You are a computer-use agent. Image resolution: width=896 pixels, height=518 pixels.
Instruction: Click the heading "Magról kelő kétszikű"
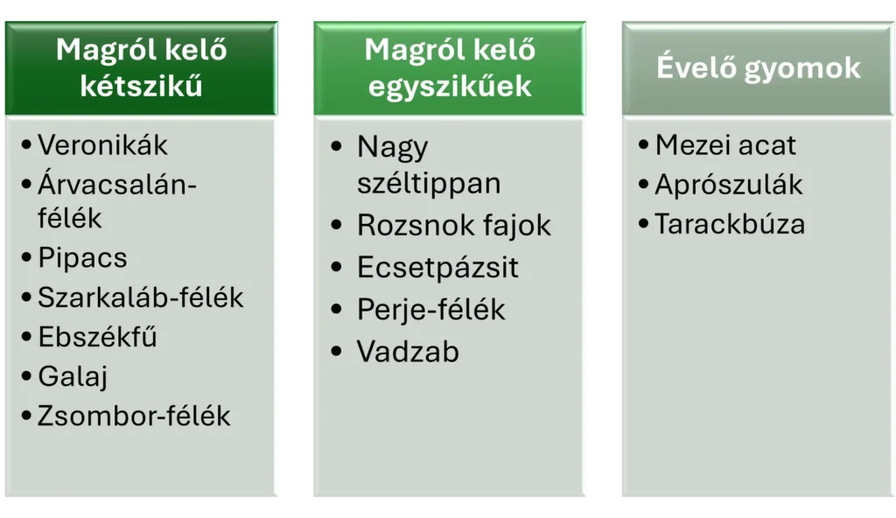(x=141, y=67)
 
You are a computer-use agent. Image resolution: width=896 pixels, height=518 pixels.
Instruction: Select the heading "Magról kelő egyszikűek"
(x=449, y=67)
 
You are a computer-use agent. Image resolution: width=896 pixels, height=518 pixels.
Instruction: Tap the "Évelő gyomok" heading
(x=759, y=67)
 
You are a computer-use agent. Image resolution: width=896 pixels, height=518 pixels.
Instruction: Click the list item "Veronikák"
(x=102, y=144)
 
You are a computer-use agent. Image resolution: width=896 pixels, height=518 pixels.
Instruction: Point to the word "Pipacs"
(x=82, y=258)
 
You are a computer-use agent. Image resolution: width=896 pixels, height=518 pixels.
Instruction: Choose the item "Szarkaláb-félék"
(x=140, y=297)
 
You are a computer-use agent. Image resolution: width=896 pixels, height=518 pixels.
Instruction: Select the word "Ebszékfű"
(x=97, y=337)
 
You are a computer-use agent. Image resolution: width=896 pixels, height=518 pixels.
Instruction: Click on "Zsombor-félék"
(x=134, y=416)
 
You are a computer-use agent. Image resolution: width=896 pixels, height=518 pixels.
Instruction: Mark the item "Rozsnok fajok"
(x=453, y=225)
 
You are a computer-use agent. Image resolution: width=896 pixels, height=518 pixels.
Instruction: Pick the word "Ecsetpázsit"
(x=437, y=267)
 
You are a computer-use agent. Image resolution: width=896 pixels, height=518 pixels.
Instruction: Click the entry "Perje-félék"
(x=430, y=309)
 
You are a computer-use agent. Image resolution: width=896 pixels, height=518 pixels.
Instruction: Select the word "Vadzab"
(x=408, y=352)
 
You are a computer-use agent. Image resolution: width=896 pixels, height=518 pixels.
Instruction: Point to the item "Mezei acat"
(x=725, y=144)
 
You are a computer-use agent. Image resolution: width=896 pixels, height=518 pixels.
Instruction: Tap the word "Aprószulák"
(x=728, y=185)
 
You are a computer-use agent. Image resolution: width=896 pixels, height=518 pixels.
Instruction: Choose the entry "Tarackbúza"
(x=730, y=224)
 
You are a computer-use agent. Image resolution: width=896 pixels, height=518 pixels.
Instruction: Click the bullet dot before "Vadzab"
(x=337, y=352)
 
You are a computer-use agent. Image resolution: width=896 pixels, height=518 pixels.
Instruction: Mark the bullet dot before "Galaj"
(x=27, y=376)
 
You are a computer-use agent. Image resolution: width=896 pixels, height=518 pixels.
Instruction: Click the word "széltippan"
(x=428, y=183)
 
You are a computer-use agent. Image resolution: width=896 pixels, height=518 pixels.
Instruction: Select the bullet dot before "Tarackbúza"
(x=645, y=224)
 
